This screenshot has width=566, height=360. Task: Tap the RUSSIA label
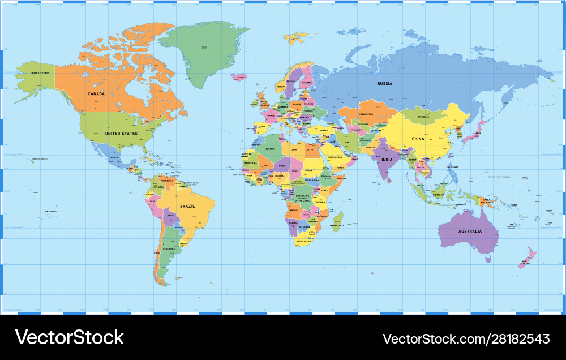384,84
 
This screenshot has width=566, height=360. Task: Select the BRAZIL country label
187,206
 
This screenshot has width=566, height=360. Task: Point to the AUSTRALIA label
470,231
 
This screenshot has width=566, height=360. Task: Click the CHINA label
418,139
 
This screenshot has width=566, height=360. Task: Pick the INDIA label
387,160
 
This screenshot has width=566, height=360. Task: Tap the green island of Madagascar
338,221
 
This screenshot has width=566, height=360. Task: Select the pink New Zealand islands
528,258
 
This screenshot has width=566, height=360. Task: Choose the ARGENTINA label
169,249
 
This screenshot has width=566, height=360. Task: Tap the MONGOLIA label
423,117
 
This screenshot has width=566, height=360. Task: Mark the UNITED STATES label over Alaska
40,74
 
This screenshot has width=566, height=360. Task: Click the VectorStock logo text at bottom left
69,337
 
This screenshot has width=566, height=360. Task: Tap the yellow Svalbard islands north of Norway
295,38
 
